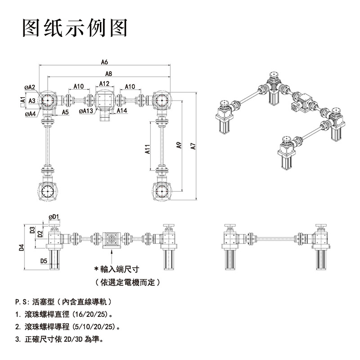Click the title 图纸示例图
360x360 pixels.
click(x=76, y=28)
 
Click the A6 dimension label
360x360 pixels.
click(x=104, y=62)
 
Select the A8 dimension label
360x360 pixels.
click(x=108, y=73)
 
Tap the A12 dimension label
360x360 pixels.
click(x=104, y=84)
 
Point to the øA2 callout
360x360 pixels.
click(x=30, y=87)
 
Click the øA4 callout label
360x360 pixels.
click(x=30, y=114)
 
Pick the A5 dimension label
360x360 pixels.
click(x=65, y=112)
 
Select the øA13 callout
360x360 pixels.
click(x=85, y=111)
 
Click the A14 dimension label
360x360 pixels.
click(x=122, y=110)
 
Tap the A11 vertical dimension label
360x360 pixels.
click(x=148, y=149)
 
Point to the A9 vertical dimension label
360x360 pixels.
click(x=179, y=145)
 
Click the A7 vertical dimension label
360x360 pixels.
click(x=193, y=145)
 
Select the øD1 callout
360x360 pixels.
click(x=54, y=216)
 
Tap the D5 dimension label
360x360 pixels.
click(x=44, y=261)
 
